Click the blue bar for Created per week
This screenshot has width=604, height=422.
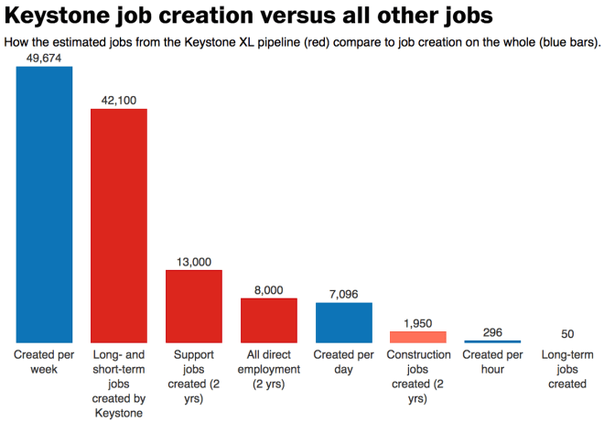click(44, 204)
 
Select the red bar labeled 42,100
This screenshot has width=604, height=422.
click(119, 225)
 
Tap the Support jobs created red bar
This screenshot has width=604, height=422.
click(194, 306)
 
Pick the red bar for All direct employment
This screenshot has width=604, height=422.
click(269, 319)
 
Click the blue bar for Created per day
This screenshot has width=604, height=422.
click(344, 322)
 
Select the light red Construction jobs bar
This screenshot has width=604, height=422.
click(418, 336)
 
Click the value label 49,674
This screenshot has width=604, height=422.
click(44, 58)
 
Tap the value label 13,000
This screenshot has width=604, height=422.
click(194, 262)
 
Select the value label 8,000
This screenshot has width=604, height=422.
click(269, 289)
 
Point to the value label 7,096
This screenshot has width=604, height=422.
click(344, 294)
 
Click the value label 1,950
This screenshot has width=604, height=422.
click(418, 322)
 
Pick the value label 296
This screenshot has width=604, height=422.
click(493, 332)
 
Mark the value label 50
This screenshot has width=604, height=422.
click(568, 334)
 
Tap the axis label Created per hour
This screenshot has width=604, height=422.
click(493, 362)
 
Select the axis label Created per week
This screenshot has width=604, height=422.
click(44, 362)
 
